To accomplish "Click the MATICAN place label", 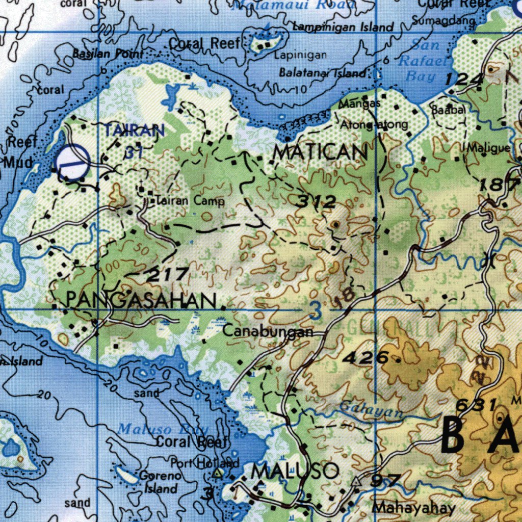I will tap(320, 152).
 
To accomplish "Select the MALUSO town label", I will tap(296, 471).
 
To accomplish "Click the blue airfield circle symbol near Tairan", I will tap(72, 163).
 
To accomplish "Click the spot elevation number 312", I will tap(317, 202).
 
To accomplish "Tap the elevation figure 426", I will tap(366, 358).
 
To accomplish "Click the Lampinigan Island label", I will tap(343, 27).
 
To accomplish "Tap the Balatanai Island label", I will tap(322, 73).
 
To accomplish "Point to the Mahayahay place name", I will tap(413, 508).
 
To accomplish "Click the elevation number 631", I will tap(476, 406).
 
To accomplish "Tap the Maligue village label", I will tap(488, 148).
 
